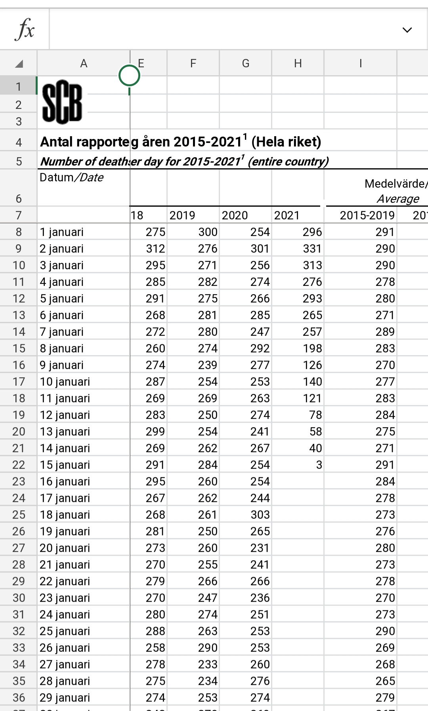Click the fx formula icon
pyautogui.click(x=25, y=30)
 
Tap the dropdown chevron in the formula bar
pyautogui.click(x=407, y=30)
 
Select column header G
pyautogui.click(x=245, y=63)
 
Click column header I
pyautogui.click(x=360, y=63)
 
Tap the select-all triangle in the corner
pyautogui.click(x=19, y=63)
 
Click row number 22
pyautogui.click(x=19, y=465)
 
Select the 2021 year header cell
pyautogui.click(x=287, y=215)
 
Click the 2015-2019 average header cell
pyautogui.click(x=367, y=215)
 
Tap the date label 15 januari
pyautogui.click(x=65, y=465)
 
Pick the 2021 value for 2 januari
pyautogui.click(x=312, y=249)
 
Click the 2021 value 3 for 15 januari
pyautogui.click(x=319, y=465)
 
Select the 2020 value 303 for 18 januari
pyautogui.click(x=260, y=515)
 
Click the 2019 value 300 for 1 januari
pyautogui.click(x=208, y=232)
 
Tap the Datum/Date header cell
pyautogui.click(x=72, y=177)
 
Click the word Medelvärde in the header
pyautogui.click(x=395, y=184)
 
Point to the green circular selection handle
pyautogui.click(x=129, y=75)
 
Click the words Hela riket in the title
pyautogui.click(x=286, y=142)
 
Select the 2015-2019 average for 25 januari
pyautogui.click(x=385, y=631)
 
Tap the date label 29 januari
pyautogui.click(x=65, y=698)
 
